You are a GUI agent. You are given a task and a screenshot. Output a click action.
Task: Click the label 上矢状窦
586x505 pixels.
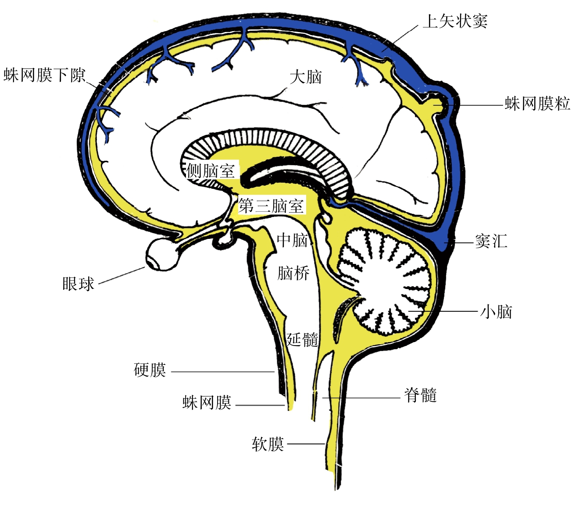click(455, 21)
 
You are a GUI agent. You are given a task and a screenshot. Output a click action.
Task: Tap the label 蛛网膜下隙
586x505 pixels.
click(44, 75)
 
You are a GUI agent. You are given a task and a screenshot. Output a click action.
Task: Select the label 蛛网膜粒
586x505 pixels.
click(537, 104)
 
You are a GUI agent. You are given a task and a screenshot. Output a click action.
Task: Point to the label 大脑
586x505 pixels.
click(306, 77)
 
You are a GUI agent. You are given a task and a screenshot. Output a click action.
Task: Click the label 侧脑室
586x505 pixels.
click(211, 170)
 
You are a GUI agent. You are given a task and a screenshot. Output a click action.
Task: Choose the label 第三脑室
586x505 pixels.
click(271, 206)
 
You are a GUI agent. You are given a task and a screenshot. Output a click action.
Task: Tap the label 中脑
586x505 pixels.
click(293, 240)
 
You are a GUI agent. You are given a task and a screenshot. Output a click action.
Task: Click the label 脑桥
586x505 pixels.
click(293, 273)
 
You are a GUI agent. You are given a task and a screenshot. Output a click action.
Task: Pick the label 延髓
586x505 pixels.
click(302, 339)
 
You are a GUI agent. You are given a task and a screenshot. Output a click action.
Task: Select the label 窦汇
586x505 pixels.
click(491, 241)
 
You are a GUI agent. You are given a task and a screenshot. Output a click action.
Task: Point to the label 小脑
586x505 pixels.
click(497, 312)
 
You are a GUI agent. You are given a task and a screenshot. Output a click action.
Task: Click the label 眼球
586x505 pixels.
click(78, 284)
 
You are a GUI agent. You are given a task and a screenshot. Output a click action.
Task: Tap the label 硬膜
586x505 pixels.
click(150, 370)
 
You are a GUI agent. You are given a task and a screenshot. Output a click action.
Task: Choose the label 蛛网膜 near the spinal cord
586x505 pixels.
click(207, 402)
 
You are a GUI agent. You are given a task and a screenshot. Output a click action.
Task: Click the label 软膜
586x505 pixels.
click(268, 444)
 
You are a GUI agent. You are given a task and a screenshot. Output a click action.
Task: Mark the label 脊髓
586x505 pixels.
click(421, 395)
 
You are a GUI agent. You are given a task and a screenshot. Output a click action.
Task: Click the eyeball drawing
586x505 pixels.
click(161, 254)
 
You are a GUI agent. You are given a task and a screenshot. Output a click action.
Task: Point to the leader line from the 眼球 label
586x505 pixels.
click(122, 275)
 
